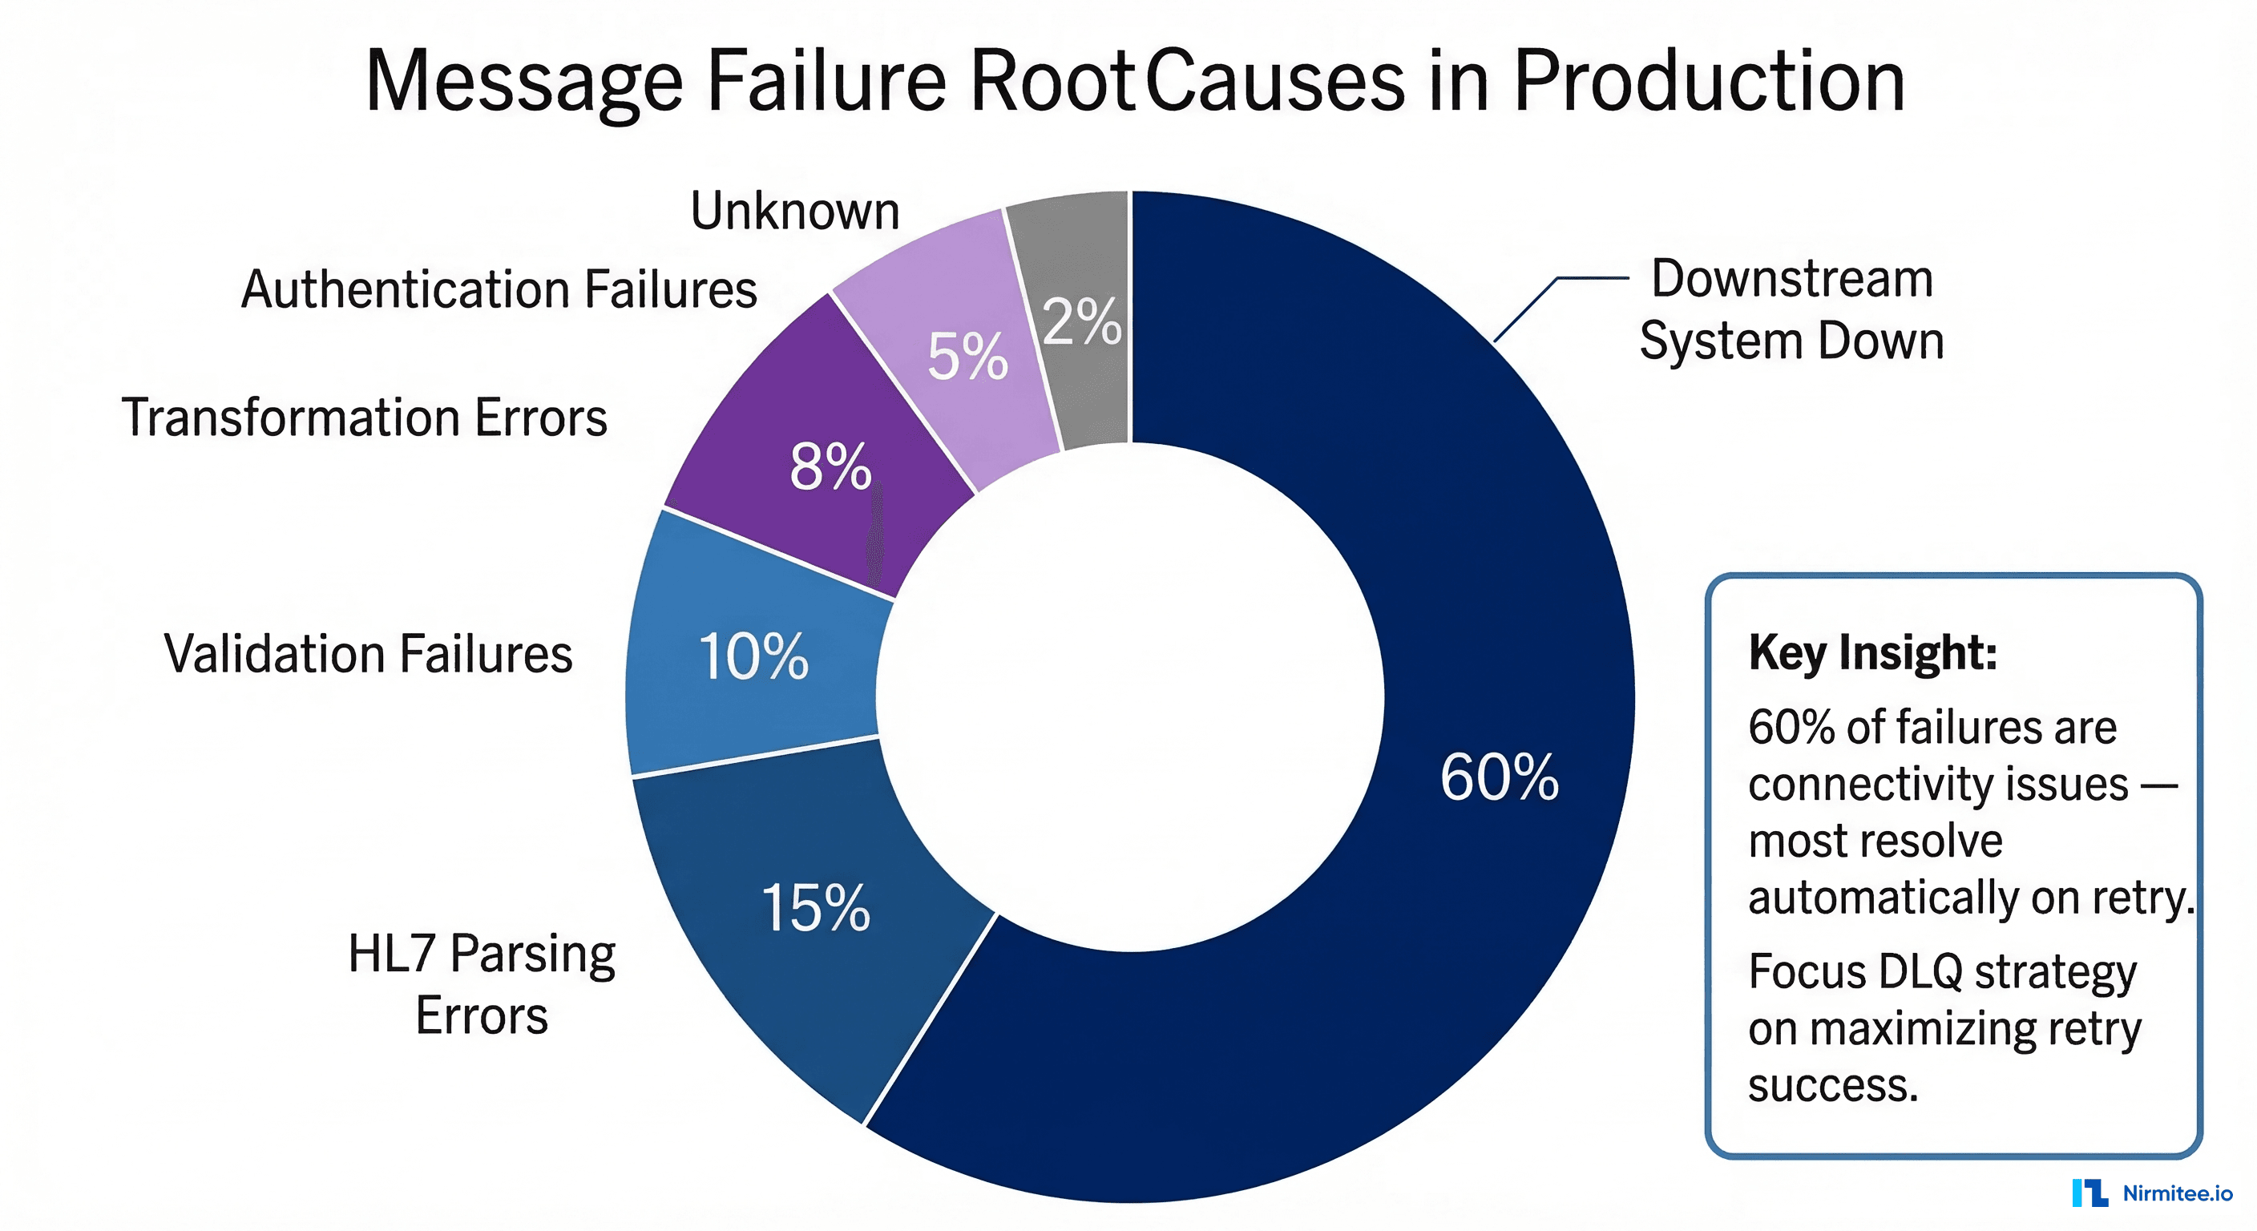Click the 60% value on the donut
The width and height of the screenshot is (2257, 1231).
[1499, 777]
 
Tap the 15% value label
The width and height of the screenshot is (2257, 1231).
[816, 908]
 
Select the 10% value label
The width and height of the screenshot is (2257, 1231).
[753, 656]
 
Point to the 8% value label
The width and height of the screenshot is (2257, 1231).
[830, 467]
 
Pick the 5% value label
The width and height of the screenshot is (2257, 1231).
[967, 357]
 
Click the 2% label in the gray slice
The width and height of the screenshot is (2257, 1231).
[1082, 321]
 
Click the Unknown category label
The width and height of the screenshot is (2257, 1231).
[795, 211]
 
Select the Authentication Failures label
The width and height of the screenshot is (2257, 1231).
[499, 289]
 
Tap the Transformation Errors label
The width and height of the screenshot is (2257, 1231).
[364, 417]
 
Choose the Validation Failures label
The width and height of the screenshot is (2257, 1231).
[368, 654]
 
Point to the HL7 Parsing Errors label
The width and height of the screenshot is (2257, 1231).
[482, 983]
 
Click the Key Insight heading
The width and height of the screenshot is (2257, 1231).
[1872, 652]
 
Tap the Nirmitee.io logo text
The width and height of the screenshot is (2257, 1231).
[2176, 1193]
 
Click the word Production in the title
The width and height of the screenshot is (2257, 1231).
[1710, 81]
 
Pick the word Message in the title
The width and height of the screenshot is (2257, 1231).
[523, 83]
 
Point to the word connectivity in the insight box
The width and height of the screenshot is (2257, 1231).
[1937, 784]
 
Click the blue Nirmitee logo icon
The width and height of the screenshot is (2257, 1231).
[2089, 1193]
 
